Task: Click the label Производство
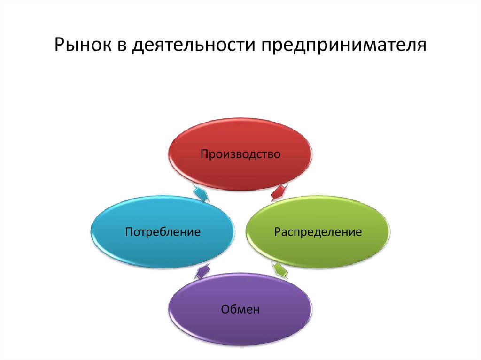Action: click(240, 154)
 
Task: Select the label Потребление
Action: click(163, 231)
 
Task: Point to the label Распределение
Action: click(318, 231)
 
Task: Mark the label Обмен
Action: click(240, 309)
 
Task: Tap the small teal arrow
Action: click(201, 193)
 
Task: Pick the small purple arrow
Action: click(202, 271)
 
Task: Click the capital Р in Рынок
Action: click(60, 46)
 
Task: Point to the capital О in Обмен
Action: click(224, 309)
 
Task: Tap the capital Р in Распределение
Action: click(278, 232)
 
